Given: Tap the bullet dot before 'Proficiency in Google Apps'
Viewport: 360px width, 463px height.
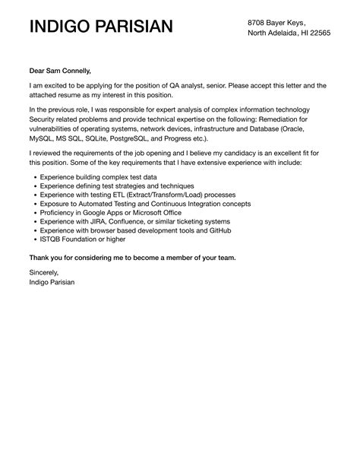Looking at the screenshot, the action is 34,212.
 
